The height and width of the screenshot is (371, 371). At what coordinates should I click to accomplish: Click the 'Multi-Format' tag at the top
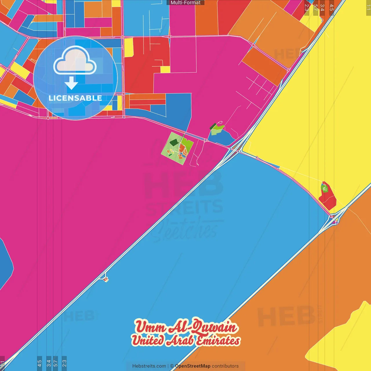click(x=185, y=3)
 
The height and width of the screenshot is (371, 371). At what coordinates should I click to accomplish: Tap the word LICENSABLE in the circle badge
click(x=75, y=98)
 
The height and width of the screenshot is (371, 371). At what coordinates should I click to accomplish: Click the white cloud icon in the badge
click(x=75, y=61)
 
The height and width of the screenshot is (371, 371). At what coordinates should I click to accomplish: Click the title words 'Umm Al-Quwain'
click(x=185, y=327)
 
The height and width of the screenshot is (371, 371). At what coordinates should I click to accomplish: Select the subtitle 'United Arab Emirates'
click(x=185, y=340)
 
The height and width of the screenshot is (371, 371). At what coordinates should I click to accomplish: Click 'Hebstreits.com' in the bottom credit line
click(x=149, y=366)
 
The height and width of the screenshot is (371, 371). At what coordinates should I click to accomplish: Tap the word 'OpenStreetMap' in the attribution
click(x=193, y=366)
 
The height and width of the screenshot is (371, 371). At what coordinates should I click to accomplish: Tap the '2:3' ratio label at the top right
click(x=307, y=7)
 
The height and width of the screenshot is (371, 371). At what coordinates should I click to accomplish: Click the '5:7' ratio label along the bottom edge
click(x=55, y=363)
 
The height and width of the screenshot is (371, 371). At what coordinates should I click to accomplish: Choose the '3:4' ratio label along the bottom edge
click(x=49, y=363)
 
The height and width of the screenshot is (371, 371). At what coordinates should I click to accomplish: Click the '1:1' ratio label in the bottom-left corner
click(x=2, y=364)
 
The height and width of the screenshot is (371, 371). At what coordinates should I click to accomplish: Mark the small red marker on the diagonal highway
click(x=106, y=279)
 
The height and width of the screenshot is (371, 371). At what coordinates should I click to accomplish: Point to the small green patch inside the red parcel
click(x=324, y=189)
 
